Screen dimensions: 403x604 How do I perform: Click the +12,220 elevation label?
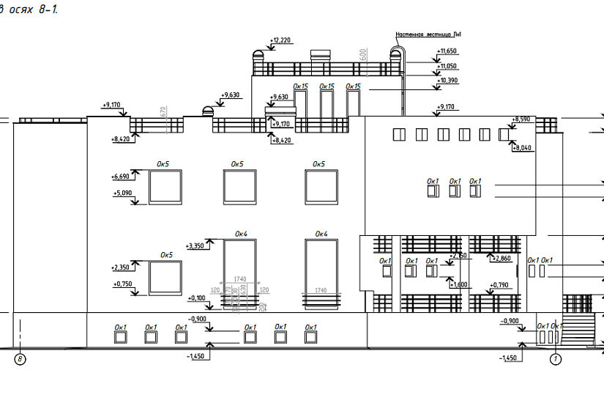(281, 40)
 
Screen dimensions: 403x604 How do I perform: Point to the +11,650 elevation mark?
(447, 51)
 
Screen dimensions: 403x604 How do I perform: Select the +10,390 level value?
(447, 81)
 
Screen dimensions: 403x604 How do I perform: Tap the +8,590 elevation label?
(521, 119)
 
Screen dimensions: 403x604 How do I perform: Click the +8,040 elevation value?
(523, 148)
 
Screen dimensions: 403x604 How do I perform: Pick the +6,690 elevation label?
(121, 177)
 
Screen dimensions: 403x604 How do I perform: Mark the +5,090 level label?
(121, 193)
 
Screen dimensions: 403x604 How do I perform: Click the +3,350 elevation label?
(197, 246)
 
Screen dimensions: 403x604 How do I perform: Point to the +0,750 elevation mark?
(122, 284)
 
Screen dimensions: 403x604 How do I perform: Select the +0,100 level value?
(197, 298)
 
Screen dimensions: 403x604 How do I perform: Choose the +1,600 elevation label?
(459, 284)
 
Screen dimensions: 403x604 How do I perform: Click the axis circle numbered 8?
(20, 359)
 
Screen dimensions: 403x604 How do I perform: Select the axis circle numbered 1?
(555, 359)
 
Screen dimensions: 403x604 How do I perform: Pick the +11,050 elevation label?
(447, 66)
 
